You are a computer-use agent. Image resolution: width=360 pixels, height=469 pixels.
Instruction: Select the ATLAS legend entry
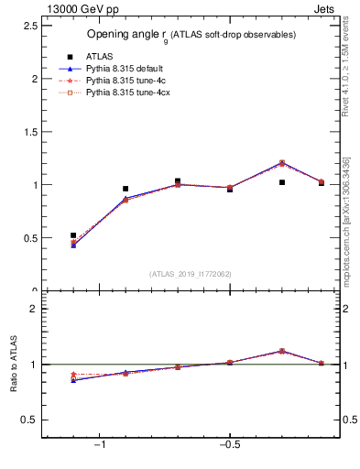(x=98, y=57)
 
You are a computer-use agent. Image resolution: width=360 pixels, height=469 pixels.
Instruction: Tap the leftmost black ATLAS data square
(x=73, y=235)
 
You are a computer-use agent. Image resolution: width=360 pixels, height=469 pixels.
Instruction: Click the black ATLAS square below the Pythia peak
(x=282, y=182)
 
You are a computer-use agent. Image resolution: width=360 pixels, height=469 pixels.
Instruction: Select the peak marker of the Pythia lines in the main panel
(x=282, y=163)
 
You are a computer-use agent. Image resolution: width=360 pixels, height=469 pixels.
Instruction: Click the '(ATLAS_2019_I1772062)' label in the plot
(x=190, y=274)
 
